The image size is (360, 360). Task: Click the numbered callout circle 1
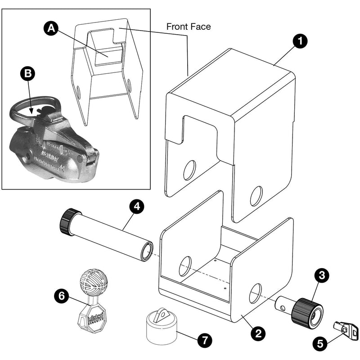[x=300, y=41]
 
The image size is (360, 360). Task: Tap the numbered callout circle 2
[x=258, y=333]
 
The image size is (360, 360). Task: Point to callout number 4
[x=136, y=207]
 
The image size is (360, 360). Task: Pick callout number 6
[x=61, y=296]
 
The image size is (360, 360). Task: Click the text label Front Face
[x=189, y=27]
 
